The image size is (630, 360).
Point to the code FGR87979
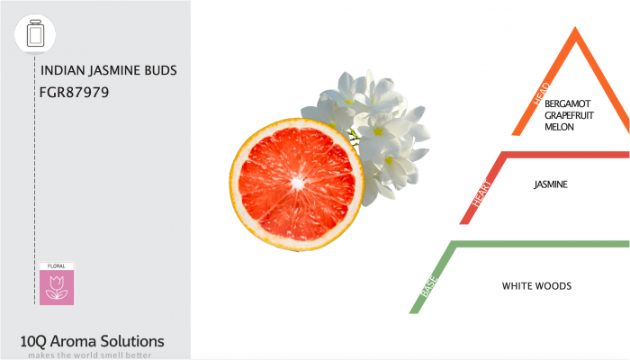coord(75,91)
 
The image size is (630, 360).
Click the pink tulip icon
coord(57,287)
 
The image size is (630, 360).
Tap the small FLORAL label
coord(57,267)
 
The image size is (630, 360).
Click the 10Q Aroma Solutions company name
coord(92,341)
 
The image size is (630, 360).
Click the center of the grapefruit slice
coord(296,182)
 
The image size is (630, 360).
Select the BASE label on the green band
coord(427,286)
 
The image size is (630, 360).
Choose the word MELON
coord(559,127)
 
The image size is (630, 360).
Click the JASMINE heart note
coord(551,184)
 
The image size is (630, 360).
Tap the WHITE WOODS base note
coord(536,286)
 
